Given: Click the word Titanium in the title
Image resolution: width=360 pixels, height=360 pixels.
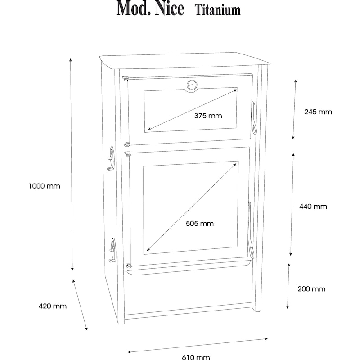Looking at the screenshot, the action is pos(218,10).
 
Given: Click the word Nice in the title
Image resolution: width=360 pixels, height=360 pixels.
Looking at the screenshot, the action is pos(170,8).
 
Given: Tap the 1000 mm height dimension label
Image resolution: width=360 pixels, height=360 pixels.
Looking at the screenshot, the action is pos(44,186).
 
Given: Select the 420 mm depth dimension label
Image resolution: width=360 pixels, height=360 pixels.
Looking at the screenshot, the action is pos(53,306).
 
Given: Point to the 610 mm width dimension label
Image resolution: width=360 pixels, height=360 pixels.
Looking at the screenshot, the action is pos(196,357).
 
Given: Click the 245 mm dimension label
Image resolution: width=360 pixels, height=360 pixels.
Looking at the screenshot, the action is pos(318,112).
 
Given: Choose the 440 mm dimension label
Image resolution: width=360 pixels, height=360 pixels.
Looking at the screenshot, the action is pos(313,207).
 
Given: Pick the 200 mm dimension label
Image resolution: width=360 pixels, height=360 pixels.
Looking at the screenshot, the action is pos(311,289).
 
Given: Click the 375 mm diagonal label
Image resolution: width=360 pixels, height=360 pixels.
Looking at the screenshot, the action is pos(208,116).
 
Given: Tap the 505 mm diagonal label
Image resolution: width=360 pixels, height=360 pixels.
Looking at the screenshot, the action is pos(200,223).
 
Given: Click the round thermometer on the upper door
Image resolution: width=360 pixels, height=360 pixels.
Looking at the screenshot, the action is pos(192,85).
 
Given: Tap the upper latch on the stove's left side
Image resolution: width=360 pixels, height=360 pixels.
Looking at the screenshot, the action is pos(111,158).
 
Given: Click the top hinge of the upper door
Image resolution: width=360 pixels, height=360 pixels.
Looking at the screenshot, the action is pos(126,78).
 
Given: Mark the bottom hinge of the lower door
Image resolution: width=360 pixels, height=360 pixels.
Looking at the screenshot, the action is pos(129,265).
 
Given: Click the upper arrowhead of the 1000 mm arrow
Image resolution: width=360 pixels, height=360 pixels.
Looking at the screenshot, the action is pos(71,60).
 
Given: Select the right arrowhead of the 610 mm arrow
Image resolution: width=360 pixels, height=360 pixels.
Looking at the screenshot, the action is pos(266,339).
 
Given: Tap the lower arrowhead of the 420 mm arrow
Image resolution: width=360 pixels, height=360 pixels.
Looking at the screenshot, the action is pos(86,329).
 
